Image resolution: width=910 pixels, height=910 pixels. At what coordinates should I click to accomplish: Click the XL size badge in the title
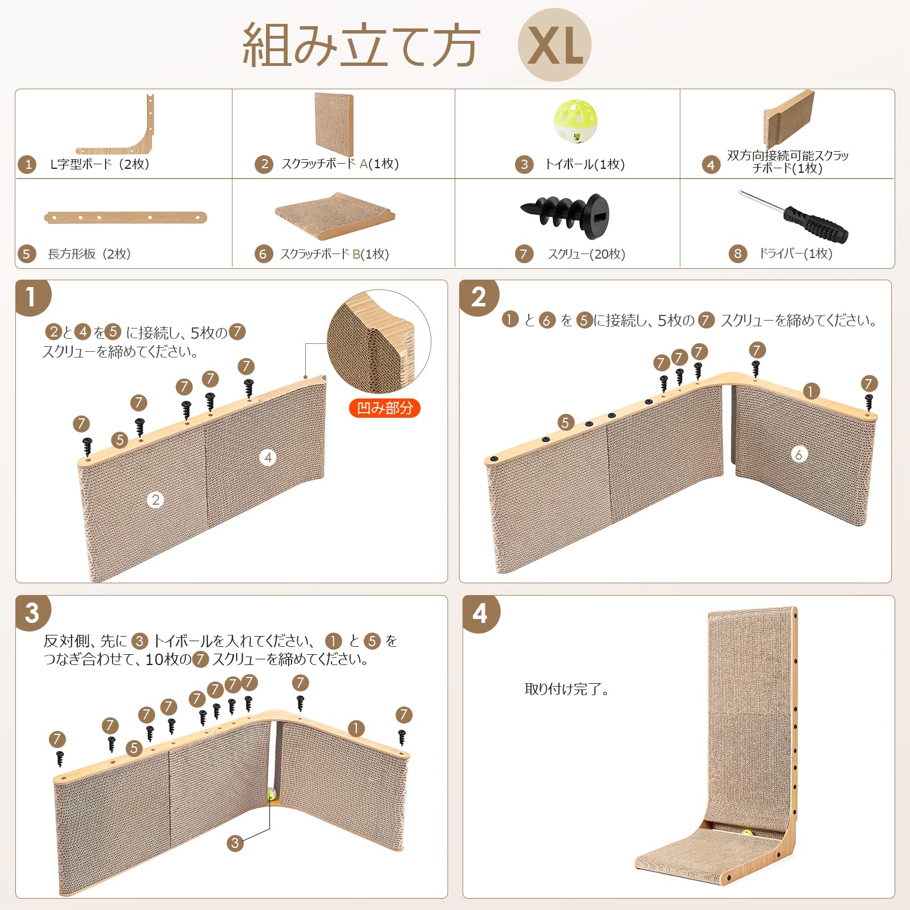click(554, 45)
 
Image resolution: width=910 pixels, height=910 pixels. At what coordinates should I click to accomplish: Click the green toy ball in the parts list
click(576, 121)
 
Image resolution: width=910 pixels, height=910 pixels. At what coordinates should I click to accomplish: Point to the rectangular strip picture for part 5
click(126, 217)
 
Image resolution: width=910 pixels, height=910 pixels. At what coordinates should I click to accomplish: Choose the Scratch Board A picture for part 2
click(334, 124)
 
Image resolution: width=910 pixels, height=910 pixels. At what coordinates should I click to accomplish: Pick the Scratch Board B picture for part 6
click(335, 215)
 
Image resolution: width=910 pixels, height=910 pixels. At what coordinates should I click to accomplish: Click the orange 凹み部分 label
click(384, 408)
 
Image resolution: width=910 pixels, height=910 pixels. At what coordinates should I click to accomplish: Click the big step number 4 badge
click(480, 614)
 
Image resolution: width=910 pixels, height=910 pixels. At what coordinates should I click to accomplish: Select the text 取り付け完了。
click(567, 689)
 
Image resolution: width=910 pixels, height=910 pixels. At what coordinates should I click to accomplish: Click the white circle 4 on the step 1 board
click(268, 458)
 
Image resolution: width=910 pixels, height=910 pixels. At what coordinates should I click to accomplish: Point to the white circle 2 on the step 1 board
click(155, 500)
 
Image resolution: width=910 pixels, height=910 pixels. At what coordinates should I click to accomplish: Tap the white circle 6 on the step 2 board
click(799, 454)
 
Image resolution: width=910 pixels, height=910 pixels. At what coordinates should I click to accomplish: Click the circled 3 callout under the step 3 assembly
click(235, 843)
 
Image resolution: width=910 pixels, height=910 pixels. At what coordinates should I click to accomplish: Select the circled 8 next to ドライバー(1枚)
click(738, 254)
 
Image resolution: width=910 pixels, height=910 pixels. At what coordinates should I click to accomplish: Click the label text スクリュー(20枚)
click(587, 254)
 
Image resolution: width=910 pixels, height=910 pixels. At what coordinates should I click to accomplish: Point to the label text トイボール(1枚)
click(585, 164)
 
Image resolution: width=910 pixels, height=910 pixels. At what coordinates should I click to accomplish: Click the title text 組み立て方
click(361, 45)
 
